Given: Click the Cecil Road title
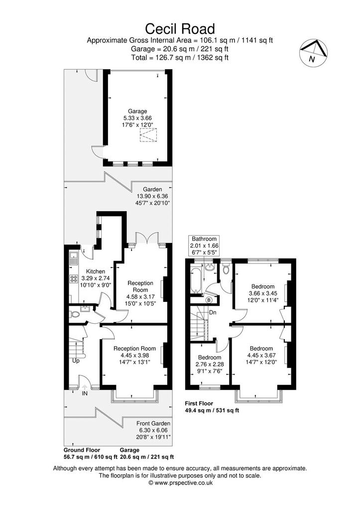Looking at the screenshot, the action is pos(180,28).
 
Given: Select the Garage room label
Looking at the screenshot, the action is pos(137,111).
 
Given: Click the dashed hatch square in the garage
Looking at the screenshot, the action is pos(148,135).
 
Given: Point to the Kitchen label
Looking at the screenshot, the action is pos(95,271).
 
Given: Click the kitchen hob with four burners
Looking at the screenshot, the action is pos(74,279).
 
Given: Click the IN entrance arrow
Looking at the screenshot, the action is pos(85,387).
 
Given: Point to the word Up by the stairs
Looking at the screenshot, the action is pos(76,361).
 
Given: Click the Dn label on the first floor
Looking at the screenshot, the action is pos(213,313).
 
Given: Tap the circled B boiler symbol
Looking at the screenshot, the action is pos(209,299).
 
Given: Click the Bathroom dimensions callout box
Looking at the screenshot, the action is pos(204,246).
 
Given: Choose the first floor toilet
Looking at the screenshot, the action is pos(226,269).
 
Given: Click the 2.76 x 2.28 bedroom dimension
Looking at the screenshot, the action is pos(210,364).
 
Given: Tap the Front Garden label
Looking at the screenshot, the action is pos(153,423).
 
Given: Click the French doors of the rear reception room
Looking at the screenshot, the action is pos(148,238).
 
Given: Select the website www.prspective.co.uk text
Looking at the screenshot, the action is pos(180,483).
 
